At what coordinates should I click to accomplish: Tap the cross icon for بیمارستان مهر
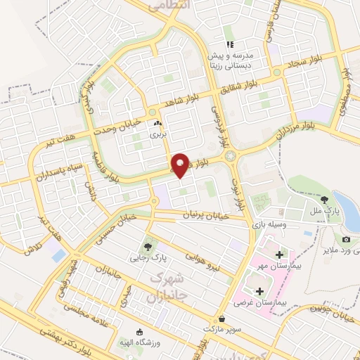pyautogui.click(x=279, y=254)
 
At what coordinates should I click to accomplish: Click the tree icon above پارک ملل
pyautogui.click(x=323, y=200)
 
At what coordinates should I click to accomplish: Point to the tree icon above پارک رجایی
pyautogui.click(x=148, y=246)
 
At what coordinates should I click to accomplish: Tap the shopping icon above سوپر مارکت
pyautogui.click(x=222, y=318)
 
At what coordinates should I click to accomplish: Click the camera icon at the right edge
pyautogui.click(x=346, y=240)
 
